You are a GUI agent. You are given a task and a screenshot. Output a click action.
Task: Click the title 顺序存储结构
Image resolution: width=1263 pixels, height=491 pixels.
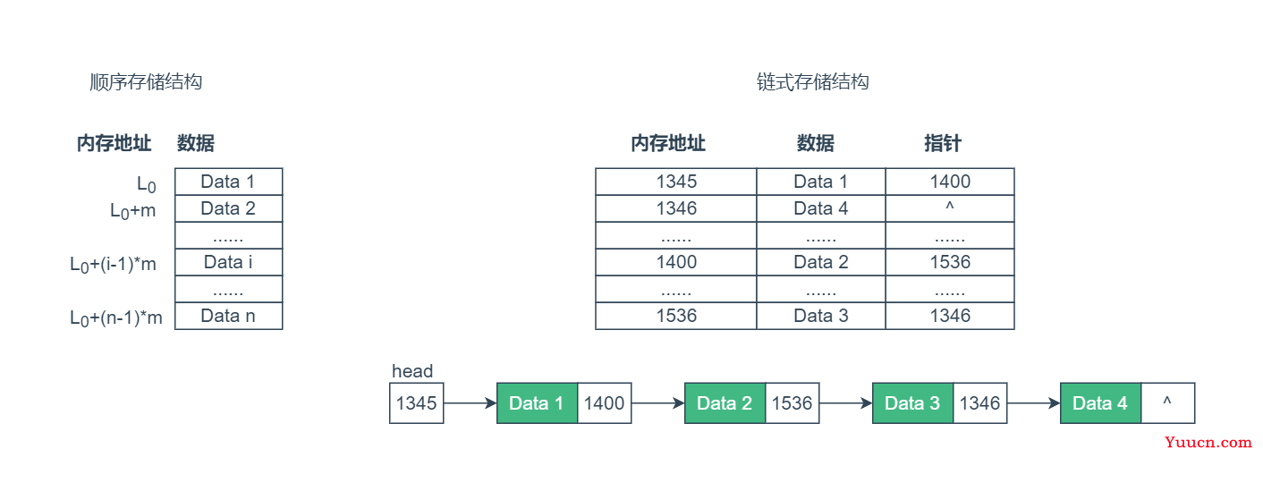(146, 82)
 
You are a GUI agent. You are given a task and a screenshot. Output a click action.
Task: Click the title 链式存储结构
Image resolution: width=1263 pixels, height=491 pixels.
(812, 82)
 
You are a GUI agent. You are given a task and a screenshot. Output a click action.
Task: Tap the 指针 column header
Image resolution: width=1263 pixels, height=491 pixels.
(942, 143)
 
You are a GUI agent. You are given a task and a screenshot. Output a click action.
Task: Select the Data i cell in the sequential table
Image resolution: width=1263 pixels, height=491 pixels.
(228, 262)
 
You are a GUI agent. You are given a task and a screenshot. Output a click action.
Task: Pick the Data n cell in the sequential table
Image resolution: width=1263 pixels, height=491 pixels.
(228, 317)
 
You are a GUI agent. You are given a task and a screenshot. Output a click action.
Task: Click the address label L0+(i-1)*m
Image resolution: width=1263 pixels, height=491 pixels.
(113, 264)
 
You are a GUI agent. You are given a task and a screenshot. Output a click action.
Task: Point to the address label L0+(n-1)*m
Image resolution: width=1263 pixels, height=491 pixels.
(115, 317)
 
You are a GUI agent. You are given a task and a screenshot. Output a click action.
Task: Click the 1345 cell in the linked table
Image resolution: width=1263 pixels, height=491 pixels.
(676, 182)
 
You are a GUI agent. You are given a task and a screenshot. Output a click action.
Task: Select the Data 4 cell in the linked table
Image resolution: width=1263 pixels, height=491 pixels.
(821, 208)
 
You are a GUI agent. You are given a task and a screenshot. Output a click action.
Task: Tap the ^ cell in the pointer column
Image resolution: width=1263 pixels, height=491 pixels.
(950, 208)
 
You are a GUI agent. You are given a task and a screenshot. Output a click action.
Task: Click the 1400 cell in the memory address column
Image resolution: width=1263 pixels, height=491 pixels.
(676, 262)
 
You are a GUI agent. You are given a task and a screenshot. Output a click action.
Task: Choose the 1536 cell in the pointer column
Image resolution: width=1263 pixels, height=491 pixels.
(950, 262)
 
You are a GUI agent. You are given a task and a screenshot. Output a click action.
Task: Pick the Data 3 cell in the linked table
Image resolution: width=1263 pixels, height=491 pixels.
(821, 317)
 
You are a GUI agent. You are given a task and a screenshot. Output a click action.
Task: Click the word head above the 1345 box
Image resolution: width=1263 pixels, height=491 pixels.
(412, 371)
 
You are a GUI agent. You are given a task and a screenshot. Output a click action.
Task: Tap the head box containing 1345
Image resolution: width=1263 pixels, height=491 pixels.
(417, 403)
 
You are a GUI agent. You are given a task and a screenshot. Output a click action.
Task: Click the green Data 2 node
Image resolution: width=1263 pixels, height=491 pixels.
(725, 403)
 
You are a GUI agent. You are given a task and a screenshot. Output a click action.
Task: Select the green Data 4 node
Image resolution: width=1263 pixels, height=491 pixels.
(1100, 403)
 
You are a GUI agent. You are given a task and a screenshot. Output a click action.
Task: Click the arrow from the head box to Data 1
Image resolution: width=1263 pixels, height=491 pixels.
(470, 403)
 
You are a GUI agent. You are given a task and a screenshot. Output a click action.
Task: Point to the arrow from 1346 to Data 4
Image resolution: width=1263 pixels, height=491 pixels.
(1033, 403)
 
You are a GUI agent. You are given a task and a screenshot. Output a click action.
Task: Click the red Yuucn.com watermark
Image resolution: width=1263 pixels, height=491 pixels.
(1208, 443)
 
